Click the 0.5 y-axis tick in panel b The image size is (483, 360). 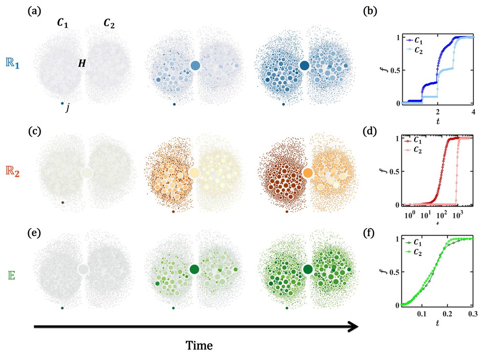click(393, 70)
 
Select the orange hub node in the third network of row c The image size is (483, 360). click(307, 173)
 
